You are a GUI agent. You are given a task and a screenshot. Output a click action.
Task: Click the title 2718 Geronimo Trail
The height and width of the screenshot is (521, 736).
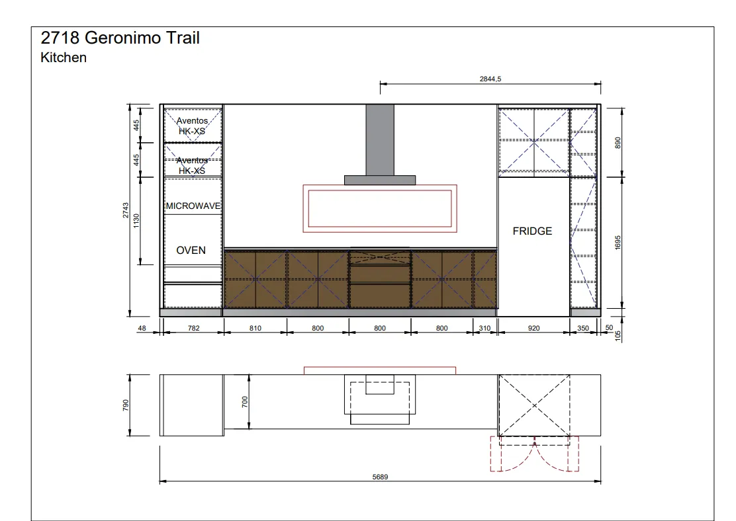click(x=120, y=38)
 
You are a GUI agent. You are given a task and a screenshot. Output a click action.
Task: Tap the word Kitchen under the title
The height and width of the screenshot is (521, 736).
click(x=64, y=58)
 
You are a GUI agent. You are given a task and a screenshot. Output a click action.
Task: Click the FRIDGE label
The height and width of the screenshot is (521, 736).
click(x=532, y=231)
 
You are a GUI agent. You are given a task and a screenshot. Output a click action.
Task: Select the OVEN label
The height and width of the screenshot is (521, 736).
click(x=191, y=251)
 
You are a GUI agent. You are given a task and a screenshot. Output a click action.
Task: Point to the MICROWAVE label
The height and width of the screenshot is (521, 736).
click(x=193, y=206)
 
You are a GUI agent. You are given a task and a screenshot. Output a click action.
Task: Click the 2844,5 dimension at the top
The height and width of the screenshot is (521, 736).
click(x=490, y=79)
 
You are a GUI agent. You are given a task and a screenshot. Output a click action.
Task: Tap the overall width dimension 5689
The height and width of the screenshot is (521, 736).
click(x=380, y=477)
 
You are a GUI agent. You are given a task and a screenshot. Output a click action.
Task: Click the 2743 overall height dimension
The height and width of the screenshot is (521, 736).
click(x=126, y=210)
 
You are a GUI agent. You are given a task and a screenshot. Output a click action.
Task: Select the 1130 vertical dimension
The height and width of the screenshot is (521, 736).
click(x=136, y=221)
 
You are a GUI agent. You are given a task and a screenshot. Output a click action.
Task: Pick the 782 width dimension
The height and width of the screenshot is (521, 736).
click(x=194, y=328)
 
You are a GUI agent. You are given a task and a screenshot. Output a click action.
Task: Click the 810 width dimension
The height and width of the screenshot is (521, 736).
click(x=255, y=328)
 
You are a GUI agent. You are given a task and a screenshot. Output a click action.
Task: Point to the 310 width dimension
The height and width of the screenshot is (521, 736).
click(x=485, y=328)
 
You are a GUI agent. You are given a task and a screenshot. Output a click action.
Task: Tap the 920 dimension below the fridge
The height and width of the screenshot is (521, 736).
click(x=533, y=328)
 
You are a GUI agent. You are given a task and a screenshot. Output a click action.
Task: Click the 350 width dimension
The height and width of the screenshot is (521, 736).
click(x=583, y=328)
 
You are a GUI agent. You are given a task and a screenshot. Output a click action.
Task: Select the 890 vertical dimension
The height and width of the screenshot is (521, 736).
click(x=618, y=143)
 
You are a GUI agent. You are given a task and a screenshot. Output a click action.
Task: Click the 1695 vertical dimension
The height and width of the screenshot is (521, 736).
click(x=618, y=243)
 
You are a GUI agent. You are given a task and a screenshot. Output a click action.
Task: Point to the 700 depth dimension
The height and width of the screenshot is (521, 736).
click(x=244, y=402)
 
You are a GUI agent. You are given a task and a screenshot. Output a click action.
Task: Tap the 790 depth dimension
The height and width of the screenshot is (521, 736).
click(x=126, y=405)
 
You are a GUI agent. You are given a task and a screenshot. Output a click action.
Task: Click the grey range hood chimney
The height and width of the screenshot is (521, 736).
click(x=380, y=140)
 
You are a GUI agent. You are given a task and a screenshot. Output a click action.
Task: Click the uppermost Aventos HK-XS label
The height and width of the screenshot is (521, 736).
click(x=192, y=126)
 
